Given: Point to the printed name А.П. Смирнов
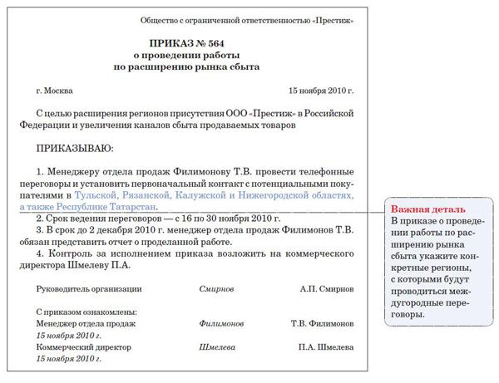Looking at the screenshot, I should [327, 288].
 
